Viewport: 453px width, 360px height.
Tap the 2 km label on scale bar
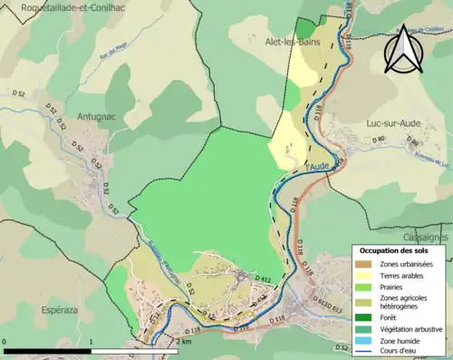pos(184,343)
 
